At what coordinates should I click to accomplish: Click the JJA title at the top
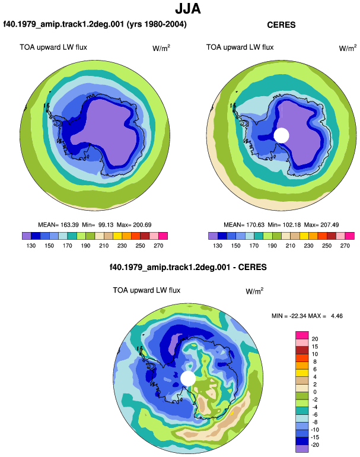click(188, 9)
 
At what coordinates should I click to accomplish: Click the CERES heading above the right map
click(281, 25)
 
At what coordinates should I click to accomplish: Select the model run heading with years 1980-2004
click(95, 24)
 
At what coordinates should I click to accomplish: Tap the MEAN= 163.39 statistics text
click(58, 225)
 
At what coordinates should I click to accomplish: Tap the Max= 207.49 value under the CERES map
click(321, 225)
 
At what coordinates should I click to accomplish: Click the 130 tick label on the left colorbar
click(31, 246)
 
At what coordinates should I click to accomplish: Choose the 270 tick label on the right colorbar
click(345, 246)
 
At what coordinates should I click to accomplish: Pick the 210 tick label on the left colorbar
click(104, 246)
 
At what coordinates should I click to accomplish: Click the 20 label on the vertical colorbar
click(315, 339)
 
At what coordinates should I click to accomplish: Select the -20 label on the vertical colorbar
click(315, 445)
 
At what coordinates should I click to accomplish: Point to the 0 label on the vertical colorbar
click(315, 392)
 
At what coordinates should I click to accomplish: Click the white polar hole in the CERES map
click(281, 135)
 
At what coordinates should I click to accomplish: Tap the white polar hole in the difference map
click(188, 378)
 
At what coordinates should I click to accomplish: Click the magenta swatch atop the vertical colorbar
click(302, 335)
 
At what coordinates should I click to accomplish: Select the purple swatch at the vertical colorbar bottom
click(302, 449)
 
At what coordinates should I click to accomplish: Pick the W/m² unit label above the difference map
click(254, 291)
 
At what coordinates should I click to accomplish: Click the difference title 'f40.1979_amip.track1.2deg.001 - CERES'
click(188, 267)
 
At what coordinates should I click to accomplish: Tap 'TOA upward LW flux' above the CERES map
click(240, 47)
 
